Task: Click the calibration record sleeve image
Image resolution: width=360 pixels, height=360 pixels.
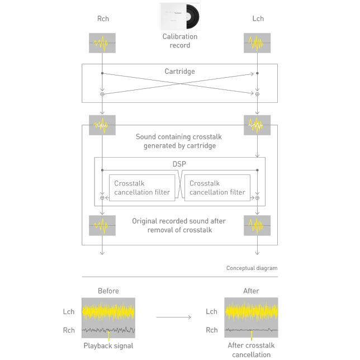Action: coord(180,17)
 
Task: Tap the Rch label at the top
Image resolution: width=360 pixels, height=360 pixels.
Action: coord(103,18)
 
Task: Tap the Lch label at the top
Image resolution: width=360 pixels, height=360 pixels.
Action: coord(258,18)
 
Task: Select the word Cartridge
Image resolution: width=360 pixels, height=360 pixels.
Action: coord(180,72)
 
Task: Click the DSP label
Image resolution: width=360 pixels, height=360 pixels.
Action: coord(179,164)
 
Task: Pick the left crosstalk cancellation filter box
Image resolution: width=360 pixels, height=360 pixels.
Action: coord(142,188)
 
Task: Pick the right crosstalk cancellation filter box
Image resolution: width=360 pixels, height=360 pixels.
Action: coord(217,188)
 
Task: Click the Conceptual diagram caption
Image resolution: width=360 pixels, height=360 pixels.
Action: coord(252,268)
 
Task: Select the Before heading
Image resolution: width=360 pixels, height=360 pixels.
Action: coord(108,291)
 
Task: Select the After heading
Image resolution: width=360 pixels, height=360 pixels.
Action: coord(251,291)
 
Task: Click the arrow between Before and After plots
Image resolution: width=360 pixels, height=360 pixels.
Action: coord(173,318)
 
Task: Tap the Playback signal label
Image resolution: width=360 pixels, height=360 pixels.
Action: coord(108,346)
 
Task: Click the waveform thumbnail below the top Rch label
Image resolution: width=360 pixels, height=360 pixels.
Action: coord(102,43)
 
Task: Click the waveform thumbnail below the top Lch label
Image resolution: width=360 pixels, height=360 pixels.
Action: coord(257,43)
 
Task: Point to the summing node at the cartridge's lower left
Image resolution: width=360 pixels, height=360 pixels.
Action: coord(102,94)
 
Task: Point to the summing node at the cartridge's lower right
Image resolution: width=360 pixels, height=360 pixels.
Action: coord(257,94)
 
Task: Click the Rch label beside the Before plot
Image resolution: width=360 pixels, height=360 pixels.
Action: coord(69,330)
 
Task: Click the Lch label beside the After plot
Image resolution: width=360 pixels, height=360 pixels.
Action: coord(211,311)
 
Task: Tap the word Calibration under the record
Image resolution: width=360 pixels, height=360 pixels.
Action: coord(180,36)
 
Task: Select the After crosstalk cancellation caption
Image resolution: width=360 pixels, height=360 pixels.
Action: coord(251,350)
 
